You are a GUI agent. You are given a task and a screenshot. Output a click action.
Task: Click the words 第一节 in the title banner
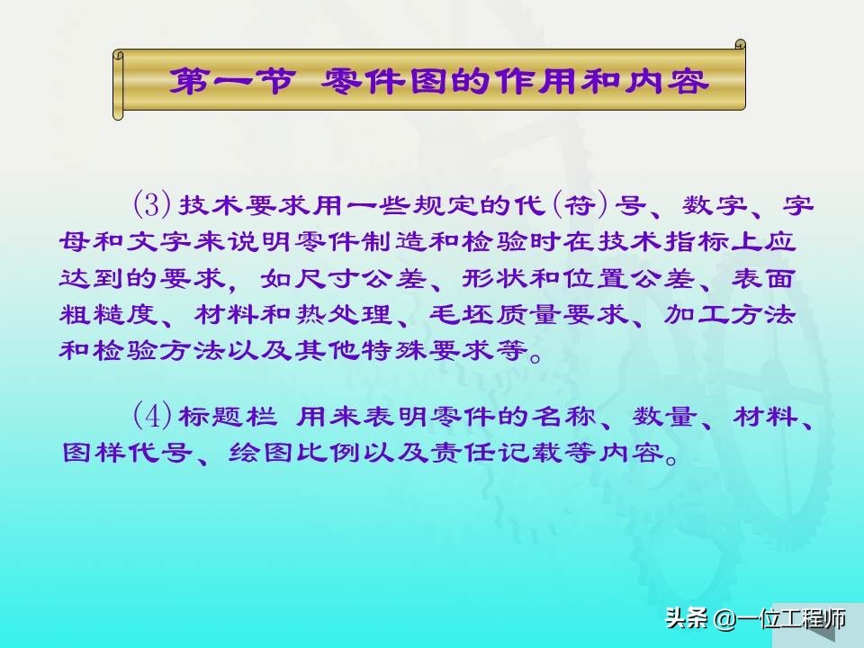pyautogui.click(x=231, y=82)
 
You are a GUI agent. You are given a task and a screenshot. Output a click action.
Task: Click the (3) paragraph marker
pyautogui.click(x=150, y=204)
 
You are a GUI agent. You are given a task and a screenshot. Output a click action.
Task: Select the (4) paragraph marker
pyautogui.click(x=150, y=416)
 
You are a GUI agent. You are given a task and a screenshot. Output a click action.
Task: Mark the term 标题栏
pyautogui.click(x=227, y=416)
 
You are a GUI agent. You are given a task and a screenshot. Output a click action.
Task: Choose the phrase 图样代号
pyautogui.click(x=127, y=452)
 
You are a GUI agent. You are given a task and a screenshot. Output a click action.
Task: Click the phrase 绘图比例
pyautogui.click(x=294, y=452)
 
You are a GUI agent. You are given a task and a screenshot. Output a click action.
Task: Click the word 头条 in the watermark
pyautogui.click(x=686, y=617)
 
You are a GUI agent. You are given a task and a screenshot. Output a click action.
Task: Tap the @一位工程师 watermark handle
pyautogui.click(x=779, y=618)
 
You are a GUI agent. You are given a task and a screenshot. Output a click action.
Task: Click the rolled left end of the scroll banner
pyautogui.click(x=118, y=85)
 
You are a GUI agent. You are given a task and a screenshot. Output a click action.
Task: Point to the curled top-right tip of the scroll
pyautogui.click(x=741, y=44)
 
